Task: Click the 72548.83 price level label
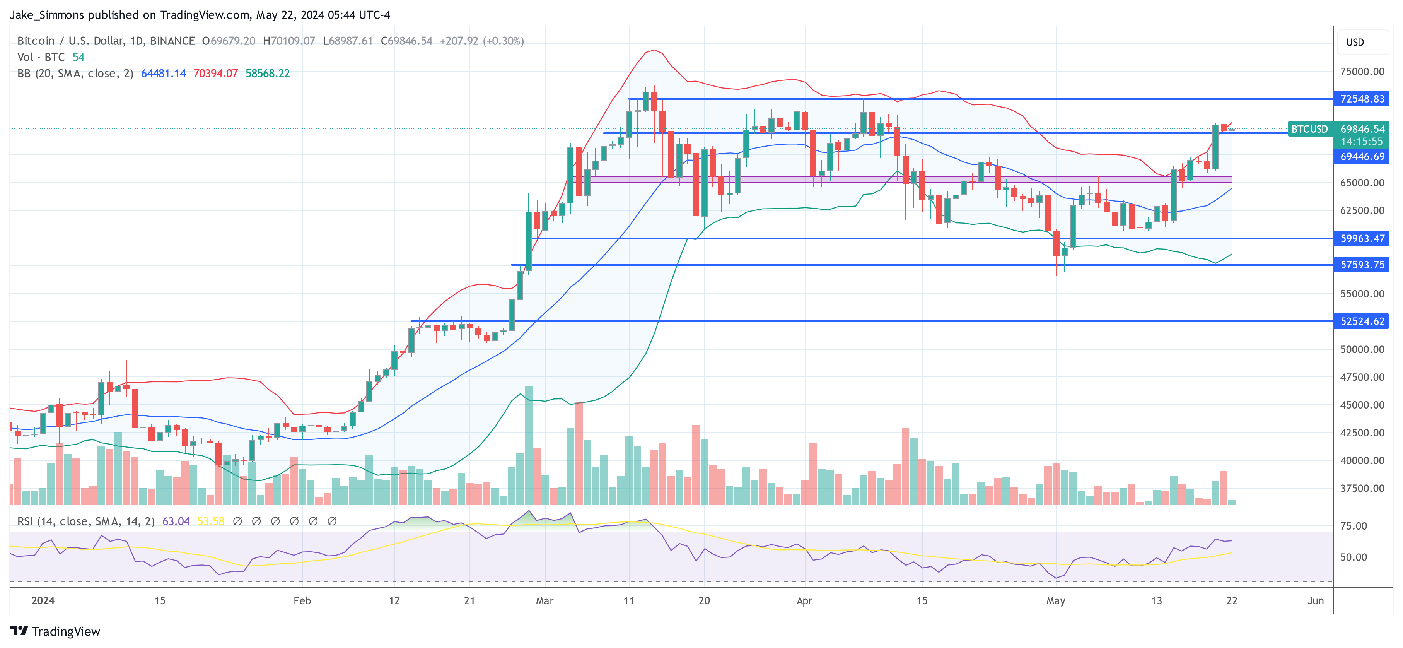pos(1362,99)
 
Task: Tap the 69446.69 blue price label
pos(1362,156)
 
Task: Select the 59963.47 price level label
pos(1362,238)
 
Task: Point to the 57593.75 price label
pos(1362,265)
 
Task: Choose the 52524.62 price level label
pos(1362,321)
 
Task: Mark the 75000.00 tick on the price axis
pos(1362,72)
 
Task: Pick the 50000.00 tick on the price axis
pos(1362,349)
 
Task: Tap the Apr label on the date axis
pos(804,600)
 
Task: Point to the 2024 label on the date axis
pos(43,600)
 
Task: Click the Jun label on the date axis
pos(1315,600)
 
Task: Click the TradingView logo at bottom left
pos(55,631)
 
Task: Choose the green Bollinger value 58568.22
pos(268,74)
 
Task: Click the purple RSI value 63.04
pos(176,521)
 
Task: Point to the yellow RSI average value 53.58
pos(210,521)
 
